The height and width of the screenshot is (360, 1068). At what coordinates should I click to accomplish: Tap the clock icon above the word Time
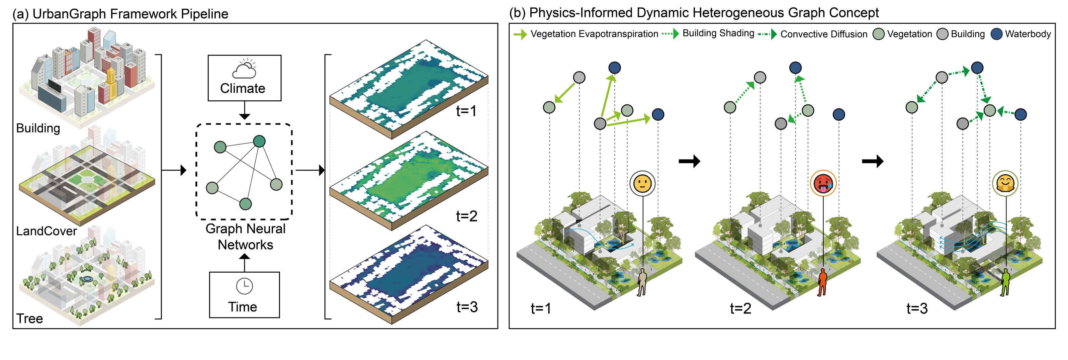pyautogui.click(x=244, y=286)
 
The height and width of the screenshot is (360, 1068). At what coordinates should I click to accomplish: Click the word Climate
pyautogui.click(x=243, y=88)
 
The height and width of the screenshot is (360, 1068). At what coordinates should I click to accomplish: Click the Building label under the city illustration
pyautogui.click(x=38, y=128)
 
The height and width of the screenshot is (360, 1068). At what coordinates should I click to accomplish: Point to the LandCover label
pyautogui.click(x=47, y=231)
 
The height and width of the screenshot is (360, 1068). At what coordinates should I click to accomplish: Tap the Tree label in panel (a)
pyautogui.click(x=29, y=319)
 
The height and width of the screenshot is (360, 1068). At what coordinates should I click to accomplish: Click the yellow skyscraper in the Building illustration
pyautogui.click(x=111, y=85)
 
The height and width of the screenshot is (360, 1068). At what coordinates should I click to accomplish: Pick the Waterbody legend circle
pyautogui.click(x=997, y=34)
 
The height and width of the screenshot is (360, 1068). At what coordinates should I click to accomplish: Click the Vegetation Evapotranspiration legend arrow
pyautogui.click(x=520, y=34)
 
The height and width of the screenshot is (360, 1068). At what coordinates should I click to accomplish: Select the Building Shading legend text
pyautogui.click(x=718, y=33)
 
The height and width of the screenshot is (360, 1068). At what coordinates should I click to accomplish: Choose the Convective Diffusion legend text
pyautogui.click(x=823, y=34)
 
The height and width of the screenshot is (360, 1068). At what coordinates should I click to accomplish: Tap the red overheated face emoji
pyautogui.click(x=823, y=183)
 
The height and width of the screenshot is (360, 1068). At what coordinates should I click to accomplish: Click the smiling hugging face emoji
pyautogui.click(x=1005, y=183)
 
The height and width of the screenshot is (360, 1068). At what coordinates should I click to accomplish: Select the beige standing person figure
pyautogui.click(x=642, y=282)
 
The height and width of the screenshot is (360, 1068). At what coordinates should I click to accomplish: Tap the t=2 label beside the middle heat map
pyautogui.click(x=466, y=216)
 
